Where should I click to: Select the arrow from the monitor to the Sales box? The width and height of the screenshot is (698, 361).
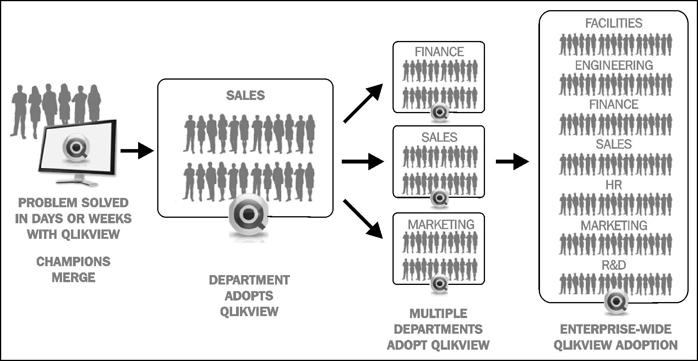coord(137,151)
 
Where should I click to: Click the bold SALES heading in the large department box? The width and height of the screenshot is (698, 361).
coord(245,96)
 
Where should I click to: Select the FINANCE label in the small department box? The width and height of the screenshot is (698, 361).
coord(439,52)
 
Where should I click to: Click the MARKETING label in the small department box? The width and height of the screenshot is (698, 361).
coord(441,224)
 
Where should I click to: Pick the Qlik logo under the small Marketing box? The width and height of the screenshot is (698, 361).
coord(440,284)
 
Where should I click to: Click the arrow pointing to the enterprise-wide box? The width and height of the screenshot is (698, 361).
coord(512,161)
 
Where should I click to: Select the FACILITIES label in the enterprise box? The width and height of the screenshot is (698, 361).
coord(614,23)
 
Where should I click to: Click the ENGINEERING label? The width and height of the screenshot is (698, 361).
coord(614,65)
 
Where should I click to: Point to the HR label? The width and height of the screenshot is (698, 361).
coord(614,185)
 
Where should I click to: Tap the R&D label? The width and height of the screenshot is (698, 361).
coord(614,265)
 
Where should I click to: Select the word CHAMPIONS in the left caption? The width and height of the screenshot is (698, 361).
coord(73,261)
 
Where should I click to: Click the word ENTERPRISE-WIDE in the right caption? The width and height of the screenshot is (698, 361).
coord(615,329)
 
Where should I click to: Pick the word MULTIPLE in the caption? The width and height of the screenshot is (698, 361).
coord(438,313)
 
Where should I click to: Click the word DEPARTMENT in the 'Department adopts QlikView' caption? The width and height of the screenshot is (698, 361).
coord(249,280)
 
